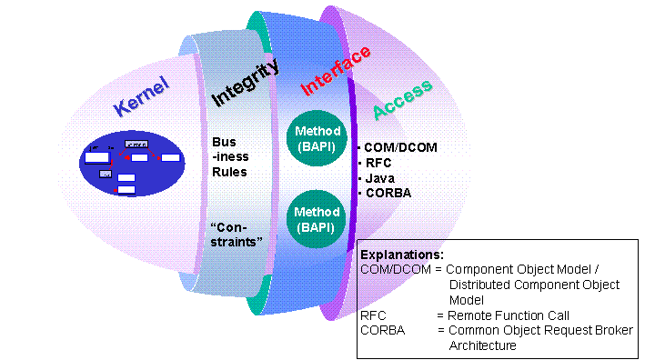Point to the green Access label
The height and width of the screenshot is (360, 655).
tap(401, 110)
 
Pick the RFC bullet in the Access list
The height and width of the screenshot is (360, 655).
tap(377, 163)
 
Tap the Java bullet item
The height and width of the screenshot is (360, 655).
tap(379, 178)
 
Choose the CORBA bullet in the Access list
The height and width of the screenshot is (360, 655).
tap(388, 193)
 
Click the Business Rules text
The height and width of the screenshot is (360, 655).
tap(228, 157)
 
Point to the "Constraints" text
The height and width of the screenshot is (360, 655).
tap(236, 235)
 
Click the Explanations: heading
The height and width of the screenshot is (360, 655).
tap(402, 255)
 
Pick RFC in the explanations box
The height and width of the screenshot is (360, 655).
tap(372, 315)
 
